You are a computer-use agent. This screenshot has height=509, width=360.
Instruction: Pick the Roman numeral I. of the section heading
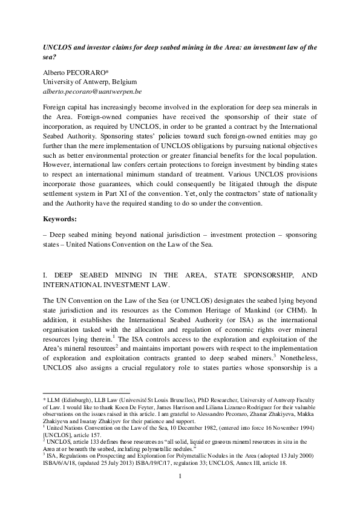click(x=45, y=276)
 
